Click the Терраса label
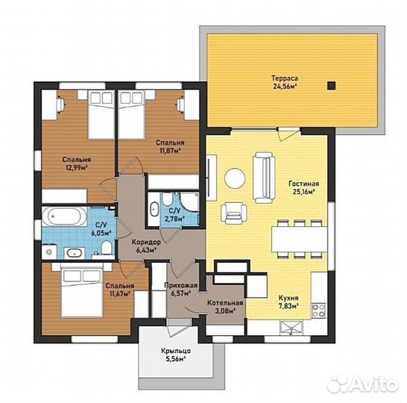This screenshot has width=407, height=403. coord(285,78)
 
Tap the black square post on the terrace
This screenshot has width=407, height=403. coord(332,86)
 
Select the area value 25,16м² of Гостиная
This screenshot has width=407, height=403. coord(303,193)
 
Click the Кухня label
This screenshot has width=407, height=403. coord(288,298)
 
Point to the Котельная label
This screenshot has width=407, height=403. coord(225,303)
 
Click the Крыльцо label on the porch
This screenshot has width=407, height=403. coord(176,351)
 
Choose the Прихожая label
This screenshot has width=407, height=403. coord(180,285)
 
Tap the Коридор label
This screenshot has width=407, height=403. coord(146,242)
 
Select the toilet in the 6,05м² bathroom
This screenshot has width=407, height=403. coord(106,247)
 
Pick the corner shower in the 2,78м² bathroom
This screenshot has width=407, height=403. coord(189,201)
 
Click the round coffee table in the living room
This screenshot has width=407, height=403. coord(235,178)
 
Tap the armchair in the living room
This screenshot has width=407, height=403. coord(233,213)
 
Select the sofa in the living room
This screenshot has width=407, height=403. coord(264,178)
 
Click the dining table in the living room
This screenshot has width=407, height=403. coord(299,240)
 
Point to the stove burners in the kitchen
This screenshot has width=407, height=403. coord(319,310)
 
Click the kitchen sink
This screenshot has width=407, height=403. coord(291,328)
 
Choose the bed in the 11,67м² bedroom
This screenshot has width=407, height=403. coord(82,290)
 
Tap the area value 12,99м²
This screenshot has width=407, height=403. coord(76,168)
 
